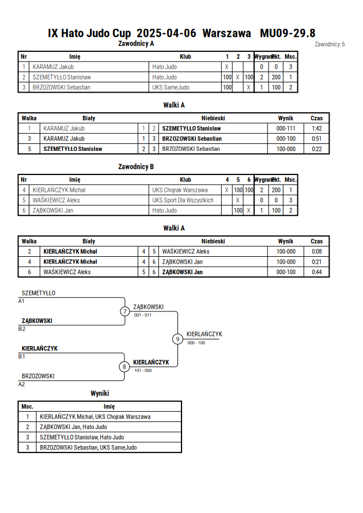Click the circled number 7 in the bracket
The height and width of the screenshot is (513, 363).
[x=124, y=311]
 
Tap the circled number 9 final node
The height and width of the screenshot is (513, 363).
[x=177, y=339]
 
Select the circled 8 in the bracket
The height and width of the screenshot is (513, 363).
[x=124, y=367]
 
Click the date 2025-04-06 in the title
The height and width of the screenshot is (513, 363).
[x=167, y=33]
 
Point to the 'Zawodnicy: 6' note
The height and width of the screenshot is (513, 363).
[x=330, y=44]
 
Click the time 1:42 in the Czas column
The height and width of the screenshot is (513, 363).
[x=316, y=128]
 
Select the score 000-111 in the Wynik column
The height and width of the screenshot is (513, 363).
[x=286, y=128]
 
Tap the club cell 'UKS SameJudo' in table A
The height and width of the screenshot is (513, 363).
[x=171, y=88]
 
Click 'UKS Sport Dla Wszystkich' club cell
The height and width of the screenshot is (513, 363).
[x=183, y=200]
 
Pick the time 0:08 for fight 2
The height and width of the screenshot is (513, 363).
[x=316, y=252]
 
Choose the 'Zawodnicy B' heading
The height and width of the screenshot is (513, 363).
[x=136, y=167]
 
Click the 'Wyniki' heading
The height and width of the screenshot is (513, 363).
[x=100, y=393]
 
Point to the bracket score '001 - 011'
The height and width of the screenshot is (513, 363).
[x=143, y=315]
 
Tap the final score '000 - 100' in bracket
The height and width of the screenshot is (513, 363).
[x=196, y=343]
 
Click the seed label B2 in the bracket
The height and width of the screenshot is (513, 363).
[x=21, y=329]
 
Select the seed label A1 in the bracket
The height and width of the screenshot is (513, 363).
[x=21, y=301]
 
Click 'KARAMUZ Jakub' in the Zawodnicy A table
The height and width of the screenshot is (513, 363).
[x=53, y=67]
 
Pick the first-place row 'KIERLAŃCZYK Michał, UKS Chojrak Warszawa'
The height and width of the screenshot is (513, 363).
[x=95, y=417]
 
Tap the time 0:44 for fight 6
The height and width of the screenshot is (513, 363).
[x=316, y=272]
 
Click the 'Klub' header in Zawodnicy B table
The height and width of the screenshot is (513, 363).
[x=186, y=180]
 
